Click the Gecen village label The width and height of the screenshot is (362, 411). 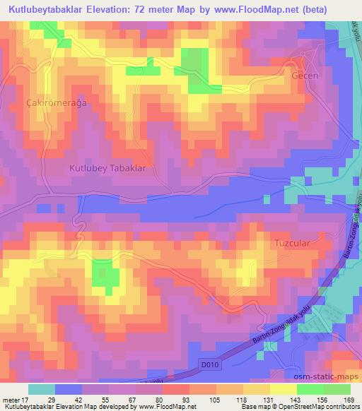tap(306, 75)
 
